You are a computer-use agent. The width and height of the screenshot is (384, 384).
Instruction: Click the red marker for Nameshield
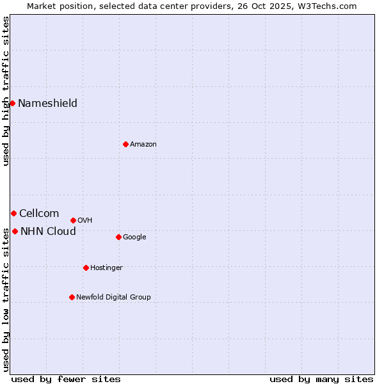(x=12, y=103)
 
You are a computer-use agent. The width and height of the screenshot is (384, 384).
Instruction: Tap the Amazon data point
(x=125, y=144)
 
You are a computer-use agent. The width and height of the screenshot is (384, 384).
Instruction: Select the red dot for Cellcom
(x=13, y=213)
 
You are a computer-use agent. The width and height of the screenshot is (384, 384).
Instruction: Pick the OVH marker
(x=73, y=220)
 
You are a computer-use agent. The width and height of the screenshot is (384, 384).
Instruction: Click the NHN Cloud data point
(x=15, y=231)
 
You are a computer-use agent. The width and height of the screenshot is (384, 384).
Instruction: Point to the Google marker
(x=118, y=237)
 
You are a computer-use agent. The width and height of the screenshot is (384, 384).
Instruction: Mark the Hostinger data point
(x=86, y=268)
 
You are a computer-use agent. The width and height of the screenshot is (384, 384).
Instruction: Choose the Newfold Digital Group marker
(x=72, y=297)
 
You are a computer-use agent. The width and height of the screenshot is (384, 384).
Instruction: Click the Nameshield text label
(x=47, y=103)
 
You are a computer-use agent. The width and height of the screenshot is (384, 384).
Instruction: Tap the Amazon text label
(x=143, y=144)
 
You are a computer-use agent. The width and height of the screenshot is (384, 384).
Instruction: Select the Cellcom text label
(x=39, y=213)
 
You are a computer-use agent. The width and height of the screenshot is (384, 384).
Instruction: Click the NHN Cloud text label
(x=48, y=231)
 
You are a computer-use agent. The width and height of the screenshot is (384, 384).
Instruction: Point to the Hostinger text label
(x=106, y=268)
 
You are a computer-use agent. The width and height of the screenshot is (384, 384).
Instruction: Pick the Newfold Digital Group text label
(x=113, y=297)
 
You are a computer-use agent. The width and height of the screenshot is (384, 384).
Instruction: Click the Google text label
(x=134, y=237)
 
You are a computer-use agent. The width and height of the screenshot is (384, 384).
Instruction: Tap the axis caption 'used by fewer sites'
(x=66, y=379)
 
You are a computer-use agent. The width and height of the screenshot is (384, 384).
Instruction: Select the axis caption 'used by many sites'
(x=321, y=379)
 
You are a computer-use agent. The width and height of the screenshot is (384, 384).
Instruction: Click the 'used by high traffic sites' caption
(x=6, y=91)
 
